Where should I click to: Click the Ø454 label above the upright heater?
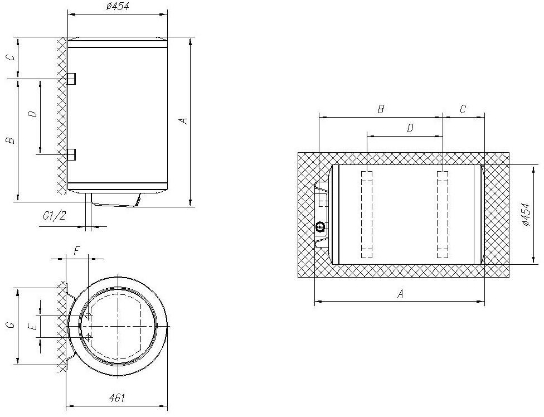click(118, 6)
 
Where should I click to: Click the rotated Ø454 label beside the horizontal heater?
click(526, 215)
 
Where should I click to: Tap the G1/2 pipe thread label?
click(55, 216)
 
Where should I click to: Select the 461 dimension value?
click(116, 398)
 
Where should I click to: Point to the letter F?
click(77, 250)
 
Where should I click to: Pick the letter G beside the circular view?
click(11, 325)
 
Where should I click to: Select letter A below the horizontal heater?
click(401, 294)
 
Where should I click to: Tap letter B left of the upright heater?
click(11, 140)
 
